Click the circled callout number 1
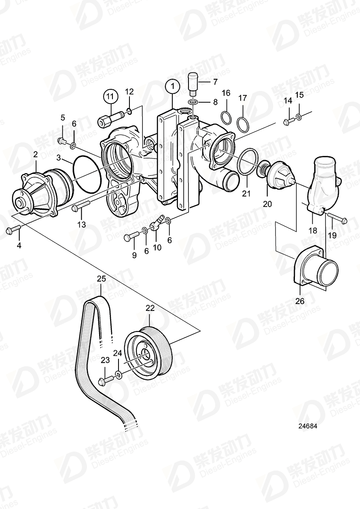(x=173, y=86)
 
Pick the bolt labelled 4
(x=13, y=230)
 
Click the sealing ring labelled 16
(x=227, y=117)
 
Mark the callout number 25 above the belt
(x=101, y=278)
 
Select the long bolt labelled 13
(x=81, y=207)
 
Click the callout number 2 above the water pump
(x=35, y=154)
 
